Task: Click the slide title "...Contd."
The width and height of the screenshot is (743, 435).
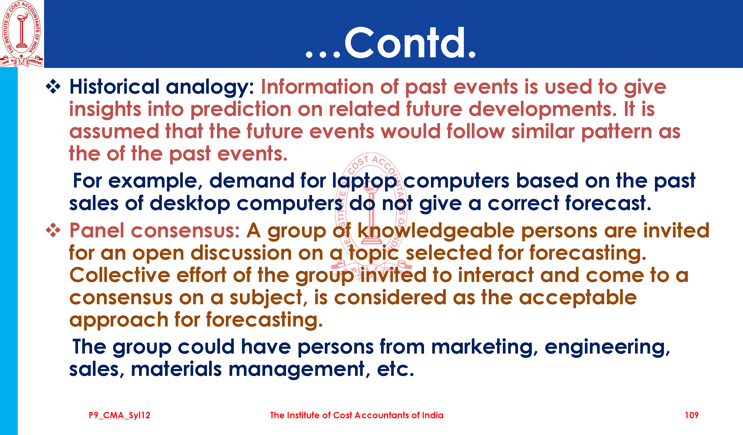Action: tap(391, 43)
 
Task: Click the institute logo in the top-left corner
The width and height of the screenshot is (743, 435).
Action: tap(21, 34)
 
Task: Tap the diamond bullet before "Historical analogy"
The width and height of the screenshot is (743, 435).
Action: tap(53, 87)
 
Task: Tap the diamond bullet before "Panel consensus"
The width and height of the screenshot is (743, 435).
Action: tap(53, 230)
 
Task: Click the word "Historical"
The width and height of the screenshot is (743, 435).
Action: tap(114, 87)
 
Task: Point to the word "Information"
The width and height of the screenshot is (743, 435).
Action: tap(317, 87)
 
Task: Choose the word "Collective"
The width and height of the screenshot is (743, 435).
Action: tap(120, 275)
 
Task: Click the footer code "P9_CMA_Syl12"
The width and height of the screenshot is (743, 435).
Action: tap(120, 416)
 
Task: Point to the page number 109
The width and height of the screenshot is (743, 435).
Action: tap(692, 415)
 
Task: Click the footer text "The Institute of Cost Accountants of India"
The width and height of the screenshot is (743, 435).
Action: tap(357, 415)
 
